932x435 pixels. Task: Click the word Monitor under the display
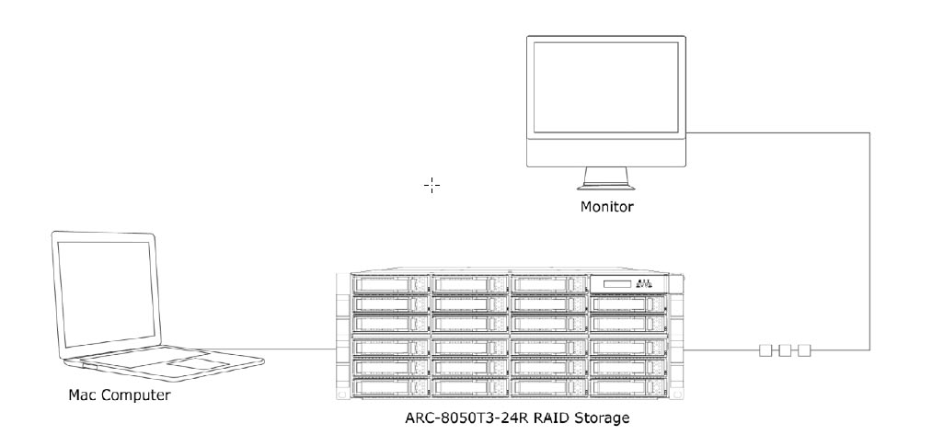[x=605, y=206]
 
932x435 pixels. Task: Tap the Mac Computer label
[x=119, y=396]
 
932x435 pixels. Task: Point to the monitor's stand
[x=605, y=177]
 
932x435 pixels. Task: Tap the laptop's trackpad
[x=195, y=365]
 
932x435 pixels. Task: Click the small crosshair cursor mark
[x=431, y=185]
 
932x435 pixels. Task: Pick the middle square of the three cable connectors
[x=784, y=350]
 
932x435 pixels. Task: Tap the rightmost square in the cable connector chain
[x=804, y=350]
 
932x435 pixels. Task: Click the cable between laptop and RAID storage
[x=294, y=349]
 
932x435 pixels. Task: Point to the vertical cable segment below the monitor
[x=869, y=239]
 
